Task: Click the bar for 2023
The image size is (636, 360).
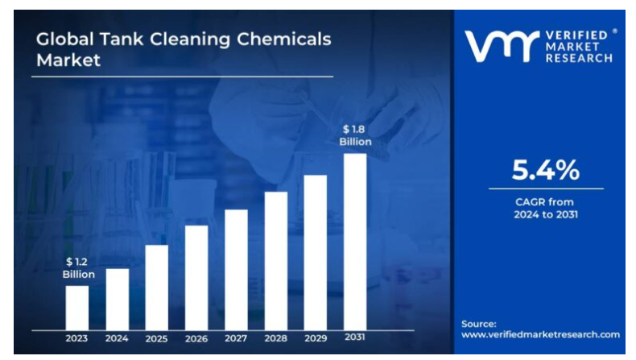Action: point(77,308)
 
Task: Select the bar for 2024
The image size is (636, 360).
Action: point(117,299)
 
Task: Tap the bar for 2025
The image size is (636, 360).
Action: point(157,288)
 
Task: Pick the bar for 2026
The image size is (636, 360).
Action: point(196,278)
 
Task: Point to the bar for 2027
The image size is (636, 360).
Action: point(236,270)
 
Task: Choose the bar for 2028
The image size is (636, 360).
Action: point(276,261)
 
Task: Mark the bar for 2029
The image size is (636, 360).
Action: point(316,252)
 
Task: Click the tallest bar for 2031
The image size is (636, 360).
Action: point(355,242)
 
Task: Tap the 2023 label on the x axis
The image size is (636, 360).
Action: point(77,339)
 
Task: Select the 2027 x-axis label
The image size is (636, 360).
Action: point(236,339)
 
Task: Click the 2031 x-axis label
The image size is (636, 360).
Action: point(355,337)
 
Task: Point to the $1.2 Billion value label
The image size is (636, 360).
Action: point(79,268)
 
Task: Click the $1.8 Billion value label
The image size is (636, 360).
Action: point(355,135)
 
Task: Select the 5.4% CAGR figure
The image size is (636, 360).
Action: point(546,170)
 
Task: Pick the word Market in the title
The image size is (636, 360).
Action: point(68,60)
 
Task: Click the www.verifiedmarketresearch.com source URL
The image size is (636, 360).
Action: point(541,334)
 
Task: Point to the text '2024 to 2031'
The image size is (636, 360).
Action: point(546,215)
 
